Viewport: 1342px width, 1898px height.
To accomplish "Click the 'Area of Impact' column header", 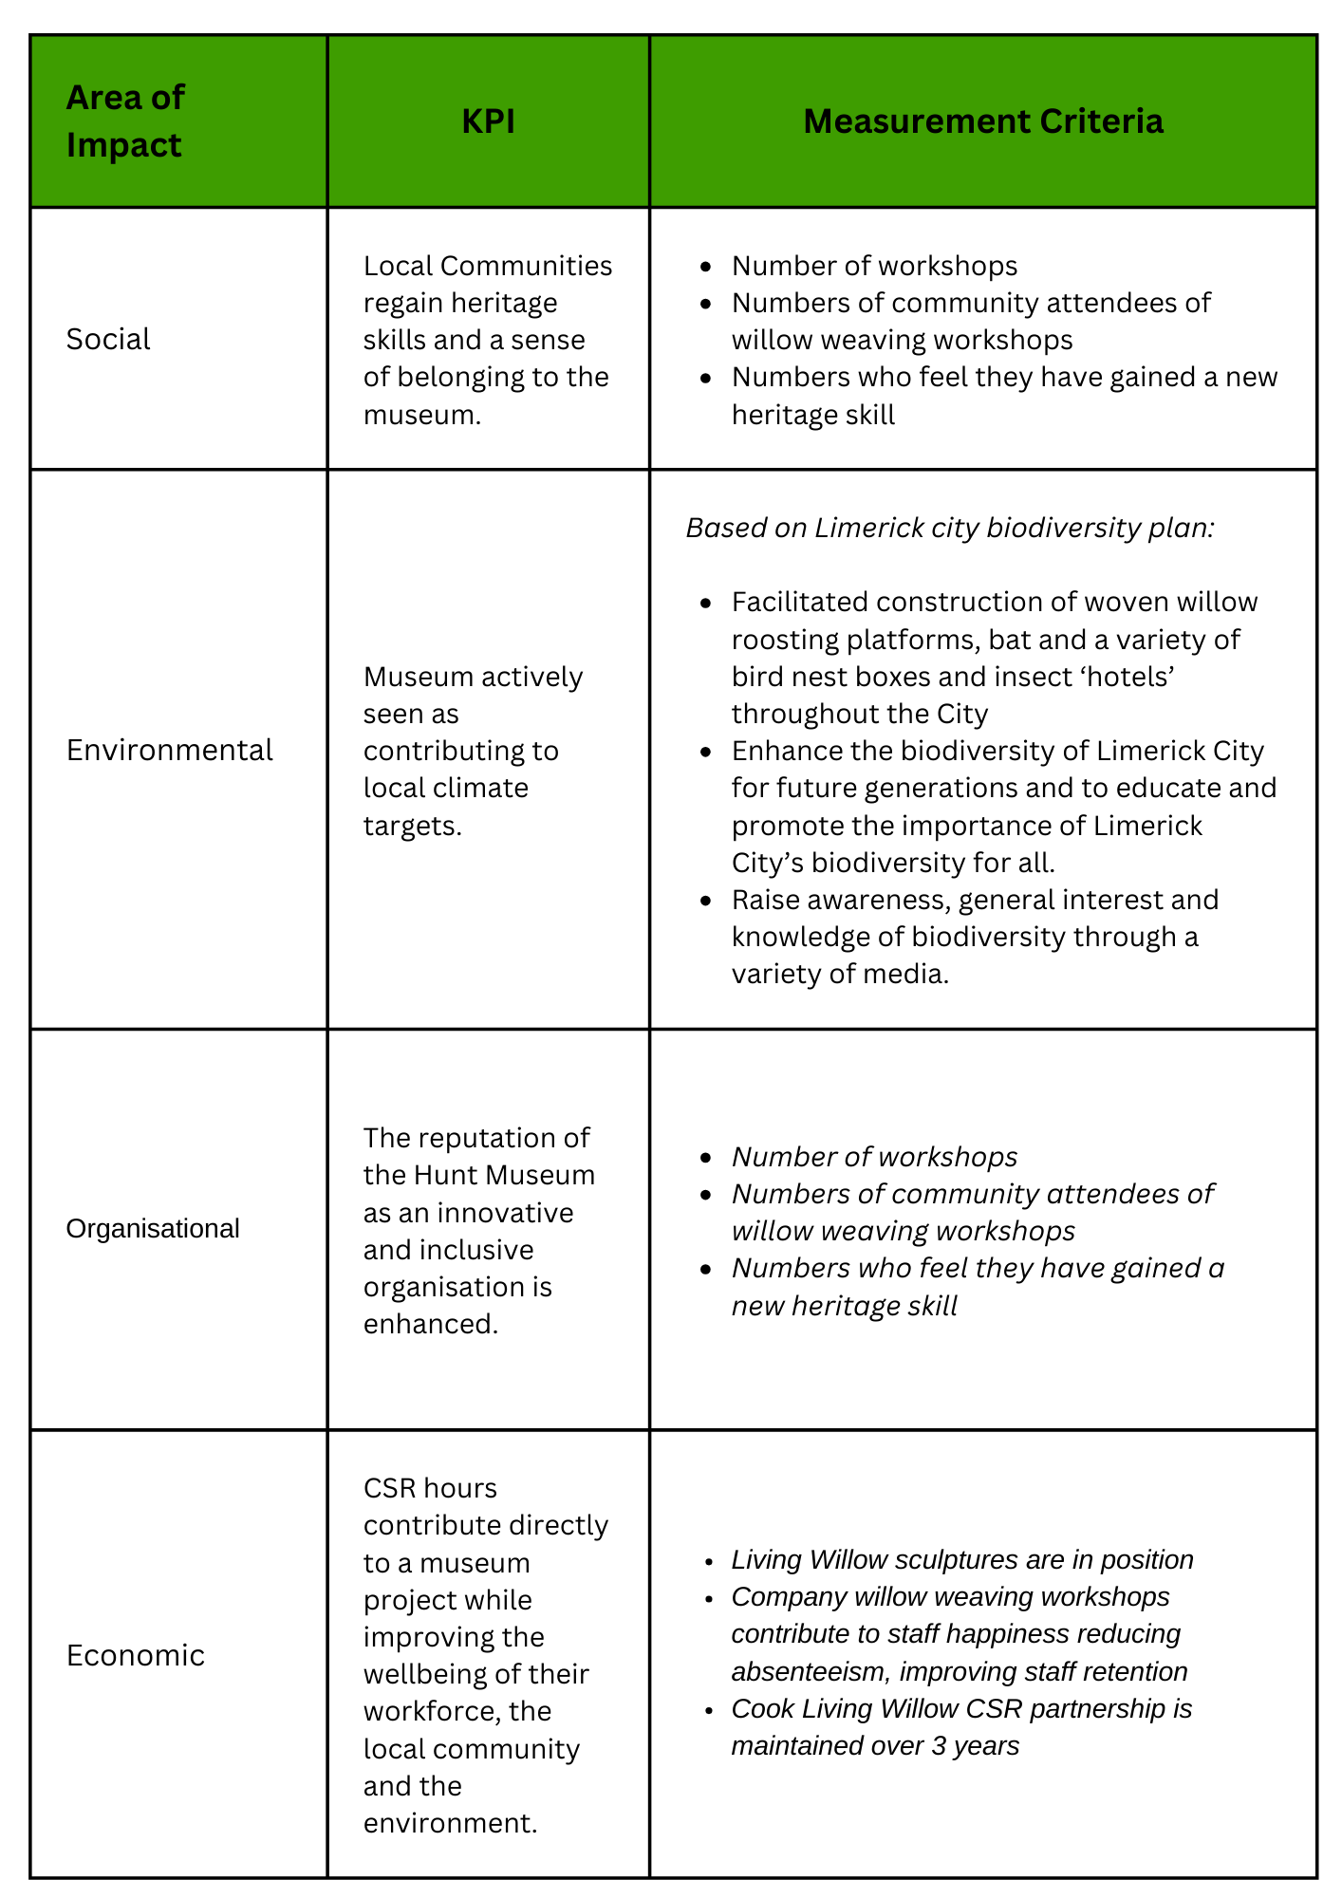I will click(x=124, y=121).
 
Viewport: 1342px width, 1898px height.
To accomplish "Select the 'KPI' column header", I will click(x=488, y=121).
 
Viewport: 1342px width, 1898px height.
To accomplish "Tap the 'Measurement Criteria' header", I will click(x=982, y=121).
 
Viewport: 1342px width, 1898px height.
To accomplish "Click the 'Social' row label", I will click(x=108, y=339).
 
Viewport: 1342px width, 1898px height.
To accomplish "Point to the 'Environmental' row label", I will click(x=169, y=750).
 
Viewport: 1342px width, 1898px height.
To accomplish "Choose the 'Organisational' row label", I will click(x=153, y=1229).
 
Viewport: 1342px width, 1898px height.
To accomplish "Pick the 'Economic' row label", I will click(x=136, y=1655).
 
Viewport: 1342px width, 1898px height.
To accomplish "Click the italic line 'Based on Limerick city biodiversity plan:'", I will click(x=950, y=528).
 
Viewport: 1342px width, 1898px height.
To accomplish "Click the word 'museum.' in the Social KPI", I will click(x=422, y=415).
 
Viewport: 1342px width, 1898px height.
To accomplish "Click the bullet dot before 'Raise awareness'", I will click(x=704, y=900).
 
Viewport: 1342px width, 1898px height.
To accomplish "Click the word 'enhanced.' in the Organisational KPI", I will click(x=431, y=1323).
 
